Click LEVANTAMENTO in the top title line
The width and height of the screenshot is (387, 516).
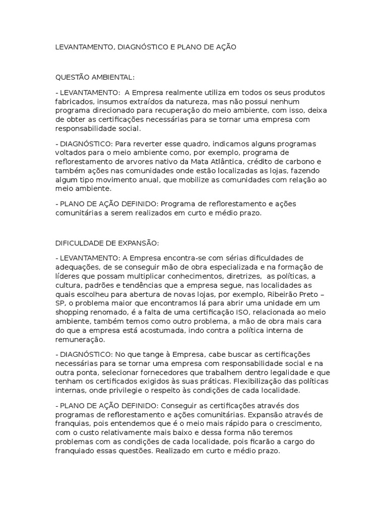(x=84, y=47)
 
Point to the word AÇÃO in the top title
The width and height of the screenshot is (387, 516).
(x=224, y=47)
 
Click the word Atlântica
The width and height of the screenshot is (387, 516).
(x=232, y=161)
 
